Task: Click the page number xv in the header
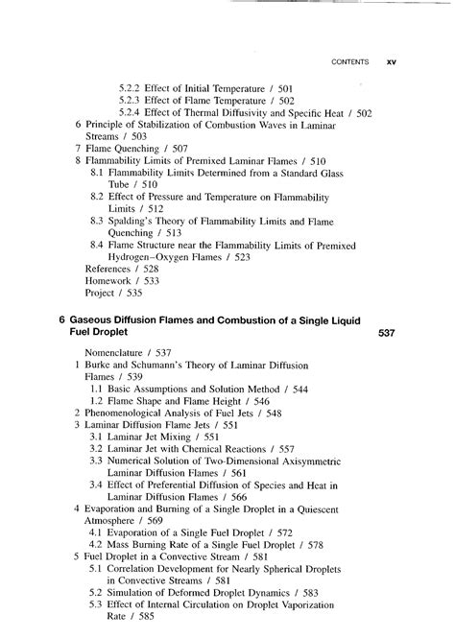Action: point(391,62)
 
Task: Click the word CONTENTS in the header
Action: point(349,62)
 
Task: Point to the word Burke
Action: point(100,368)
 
